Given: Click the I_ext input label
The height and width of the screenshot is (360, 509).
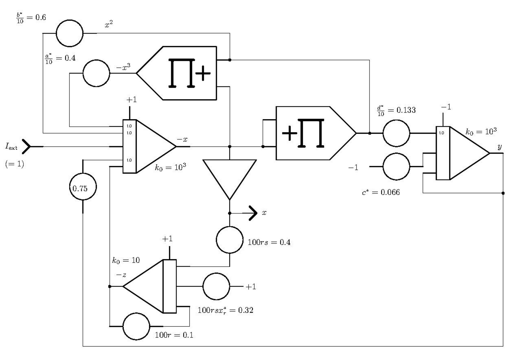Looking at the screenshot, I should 11,146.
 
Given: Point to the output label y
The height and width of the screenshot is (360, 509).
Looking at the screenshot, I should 500,147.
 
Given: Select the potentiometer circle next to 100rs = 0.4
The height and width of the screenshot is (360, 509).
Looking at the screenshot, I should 229,240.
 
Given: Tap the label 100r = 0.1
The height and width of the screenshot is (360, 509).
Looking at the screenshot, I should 174,335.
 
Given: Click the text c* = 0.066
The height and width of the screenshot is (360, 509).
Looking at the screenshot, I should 381,192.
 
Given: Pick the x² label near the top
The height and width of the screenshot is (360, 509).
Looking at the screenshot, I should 109,24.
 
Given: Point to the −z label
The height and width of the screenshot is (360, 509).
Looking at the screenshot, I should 121,275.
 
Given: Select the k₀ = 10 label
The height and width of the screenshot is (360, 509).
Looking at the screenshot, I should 126,260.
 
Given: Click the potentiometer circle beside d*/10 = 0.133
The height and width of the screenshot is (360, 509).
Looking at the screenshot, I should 396,133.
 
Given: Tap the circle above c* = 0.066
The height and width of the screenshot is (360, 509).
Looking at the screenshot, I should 396,166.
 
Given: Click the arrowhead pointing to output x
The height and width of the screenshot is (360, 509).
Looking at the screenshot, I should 253,213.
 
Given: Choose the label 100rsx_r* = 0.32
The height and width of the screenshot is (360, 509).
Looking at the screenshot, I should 225,310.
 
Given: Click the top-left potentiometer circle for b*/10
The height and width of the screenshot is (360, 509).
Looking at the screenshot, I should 70,33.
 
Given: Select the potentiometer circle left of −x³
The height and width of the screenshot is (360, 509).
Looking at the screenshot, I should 96,73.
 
